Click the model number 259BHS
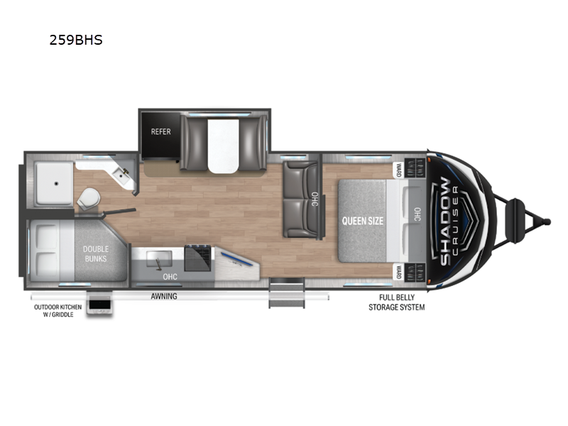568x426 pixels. tap(76, 40)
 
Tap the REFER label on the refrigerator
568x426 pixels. tap(161, 132)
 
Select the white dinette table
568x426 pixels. tap(223, 146)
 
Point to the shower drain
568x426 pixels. tap(56, 184)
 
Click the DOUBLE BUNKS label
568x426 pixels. tap(96, 254)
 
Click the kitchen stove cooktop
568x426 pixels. tap(198, 258)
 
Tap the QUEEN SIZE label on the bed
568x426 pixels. tap(363, 221)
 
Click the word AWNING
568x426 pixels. tap(164, 296)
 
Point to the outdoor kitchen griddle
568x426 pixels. tap(99, 305)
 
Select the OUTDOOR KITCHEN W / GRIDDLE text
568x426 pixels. tap(58, 311)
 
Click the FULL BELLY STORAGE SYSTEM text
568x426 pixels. tap(397, 302)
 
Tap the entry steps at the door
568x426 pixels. tap(287, 293)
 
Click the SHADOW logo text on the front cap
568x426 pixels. tap(445, 221)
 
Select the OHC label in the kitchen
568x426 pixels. tap(170, 277)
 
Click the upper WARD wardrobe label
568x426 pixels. tap(398, 170)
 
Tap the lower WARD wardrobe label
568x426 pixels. tap(398, 273)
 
